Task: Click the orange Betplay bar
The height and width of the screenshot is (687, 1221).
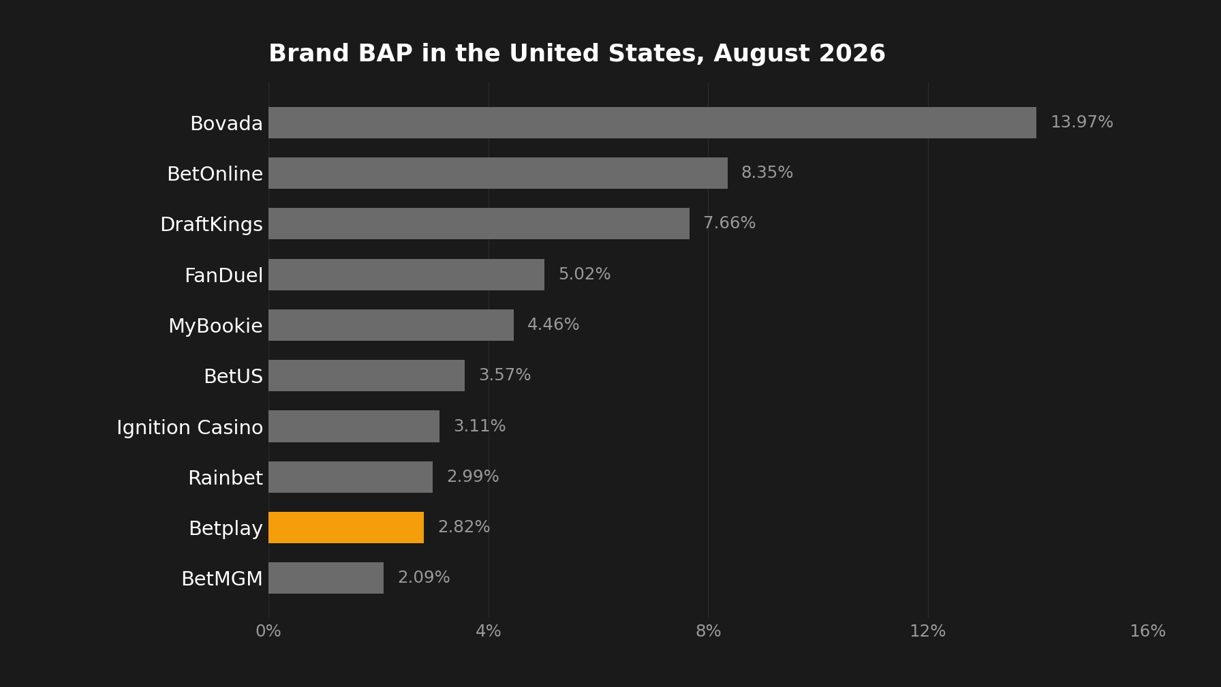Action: (346, 528)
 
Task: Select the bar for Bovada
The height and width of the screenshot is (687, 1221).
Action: (652, 123)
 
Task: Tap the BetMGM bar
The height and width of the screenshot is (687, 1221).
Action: (326, 578)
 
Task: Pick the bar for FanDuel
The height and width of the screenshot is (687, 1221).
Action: (406, 275)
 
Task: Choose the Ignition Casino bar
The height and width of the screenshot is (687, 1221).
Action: (354, 427)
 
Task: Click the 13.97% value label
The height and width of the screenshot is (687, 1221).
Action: (1081, 123)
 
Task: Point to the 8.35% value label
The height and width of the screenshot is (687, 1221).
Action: (767, 173)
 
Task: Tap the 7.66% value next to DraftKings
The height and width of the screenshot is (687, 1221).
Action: (729, 224)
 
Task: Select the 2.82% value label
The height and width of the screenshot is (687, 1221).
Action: (463, 528)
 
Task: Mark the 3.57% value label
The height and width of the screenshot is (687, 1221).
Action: (504, 376)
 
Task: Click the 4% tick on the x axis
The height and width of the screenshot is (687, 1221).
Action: (488, 632)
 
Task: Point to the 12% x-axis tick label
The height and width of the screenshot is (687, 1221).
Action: (927, 632)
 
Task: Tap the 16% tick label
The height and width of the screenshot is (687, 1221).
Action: (1147, 632)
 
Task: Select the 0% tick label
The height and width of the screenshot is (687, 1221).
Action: (268, 632)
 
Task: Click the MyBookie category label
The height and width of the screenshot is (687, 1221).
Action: (215, 326)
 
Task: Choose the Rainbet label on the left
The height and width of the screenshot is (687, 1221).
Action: (226, 478)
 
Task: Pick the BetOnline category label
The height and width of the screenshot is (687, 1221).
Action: (215, 174)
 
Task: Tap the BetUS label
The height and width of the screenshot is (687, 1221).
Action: (233, 377)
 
